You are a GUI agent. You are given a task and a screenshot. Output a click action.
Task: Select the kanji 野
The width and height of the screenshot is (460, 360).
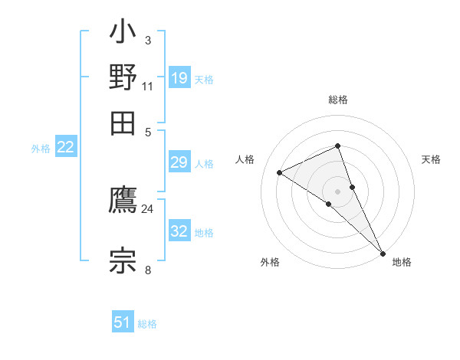[123, 77]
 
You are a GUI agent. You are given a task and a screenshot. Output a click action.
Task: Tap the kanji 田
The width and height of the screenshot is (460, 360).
[123, 120]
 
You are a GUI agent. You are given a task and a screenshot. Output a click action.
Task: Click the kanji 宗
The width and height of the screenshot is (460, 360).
[123, 259]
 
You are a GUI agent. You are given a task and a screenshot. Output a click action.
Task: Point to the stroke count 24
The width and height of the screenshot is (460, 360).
[147, 208]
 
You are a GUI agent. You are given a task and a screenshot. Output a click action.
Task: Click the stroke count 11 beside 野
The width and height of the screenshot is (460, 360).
[147, 87]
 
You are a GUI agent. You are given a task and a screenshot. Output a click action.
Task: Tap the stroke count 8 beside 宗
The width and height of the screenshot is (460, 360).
[147, 270]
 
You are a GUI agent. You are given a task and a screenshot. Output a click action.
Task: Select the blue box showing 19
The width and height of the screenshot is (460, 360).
[179, 77]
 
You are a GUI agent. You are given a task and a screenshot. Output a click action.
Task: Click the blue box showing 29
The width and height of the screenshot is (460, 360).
[179, 162]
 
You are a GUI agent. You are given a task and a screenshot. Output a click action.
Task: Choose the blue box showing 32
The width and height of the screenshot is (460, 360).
[179, 231]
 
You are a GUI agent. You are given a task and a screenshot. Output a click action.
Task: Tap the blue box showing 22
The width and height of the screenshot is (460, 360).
[65, 147]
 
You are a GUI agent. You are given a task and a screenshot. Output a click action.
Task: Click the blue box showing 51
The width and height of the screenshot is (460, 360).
[123, 322]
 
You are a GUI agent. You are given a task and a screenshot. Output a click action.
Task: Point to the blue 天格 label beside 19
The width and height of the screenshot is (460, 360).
[204, 79]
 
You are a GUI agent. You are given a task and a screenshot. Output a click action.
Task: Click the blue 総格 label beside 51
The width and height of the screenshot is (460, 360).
[147, 324]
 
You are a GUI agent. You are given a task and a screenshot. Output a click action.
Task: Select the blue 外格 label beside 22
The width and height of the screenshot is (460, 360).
[40, 149]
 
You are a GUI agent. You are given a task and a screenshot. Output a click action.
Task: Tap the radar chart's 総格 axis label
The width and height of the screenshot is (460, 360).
[337, 100]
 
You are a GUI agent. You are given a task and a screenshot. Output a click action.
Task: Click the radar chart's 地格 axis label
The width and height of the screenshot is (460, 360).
[402, 262]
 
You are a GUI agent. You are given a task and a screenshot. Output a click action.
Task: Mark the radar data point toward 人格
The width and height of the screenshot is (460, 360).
[280, 172]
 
